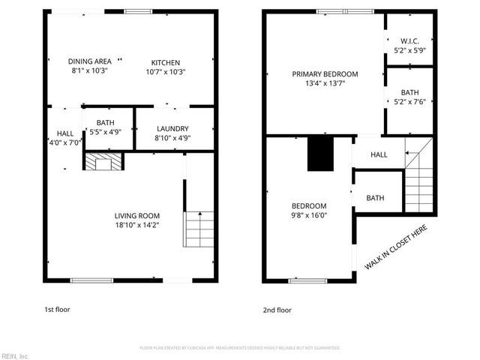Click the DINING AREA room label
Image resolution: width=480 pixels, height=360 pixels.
(x=90, y=61)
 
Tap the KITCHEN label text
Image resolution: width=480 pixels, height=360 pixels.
(x=165, y=62)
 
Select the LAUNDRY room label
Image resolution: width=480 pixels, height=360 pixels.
(x=172, y=128)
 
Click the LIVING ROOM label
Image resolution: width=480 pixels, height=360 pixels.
(x=136, y=214)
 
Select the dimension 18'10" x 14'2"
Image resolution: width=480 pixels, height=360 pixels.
(x=136, y=223)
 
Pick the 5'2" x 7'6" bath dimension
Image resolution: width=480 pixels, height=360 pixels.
(x=409, y=103)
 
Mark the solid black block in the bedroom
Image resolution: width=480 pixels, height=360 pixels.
(x=320, y=154)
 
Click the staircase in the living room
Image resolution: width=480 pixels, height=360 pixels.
(x=199, y=229)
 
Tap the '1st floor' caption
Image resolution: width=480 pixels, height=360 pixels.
(x=57, y=309)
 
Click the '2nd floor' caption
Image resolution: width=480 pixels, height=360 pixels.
(x=277, y=309)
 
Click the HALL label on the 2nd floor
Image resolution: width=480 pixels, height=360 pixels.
(x=379, y=155)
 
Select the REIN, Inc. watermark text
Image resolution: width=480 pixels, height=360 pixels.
(x=15, y=355)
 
